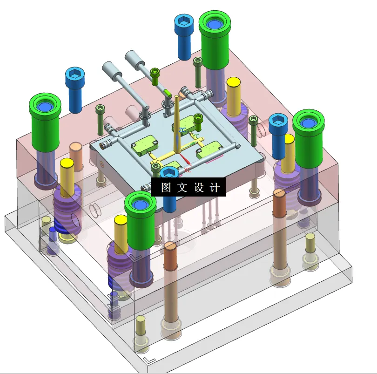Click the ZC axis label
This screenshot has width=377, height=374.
[x=182, y=129]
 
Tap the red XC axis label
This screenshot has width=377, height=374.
[x=188, y=170]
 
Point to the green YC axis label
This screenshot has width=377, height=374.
[x=196, y=136]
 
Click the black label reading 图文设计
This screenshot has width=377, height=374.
[x=188, y=187]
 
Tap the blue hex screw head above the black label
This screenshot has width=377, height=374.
[x=169, y=173]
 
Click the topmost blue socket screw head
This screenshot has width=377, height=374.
[x=184, y=22]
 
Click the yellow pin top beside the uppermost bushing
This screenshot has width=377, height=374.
[x=233, y=83]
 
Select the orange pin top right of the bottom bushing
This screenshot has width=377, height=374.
[x=169, y=247]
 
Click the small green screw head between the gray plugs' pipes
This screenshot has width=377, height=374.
[x=155, y=72]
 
